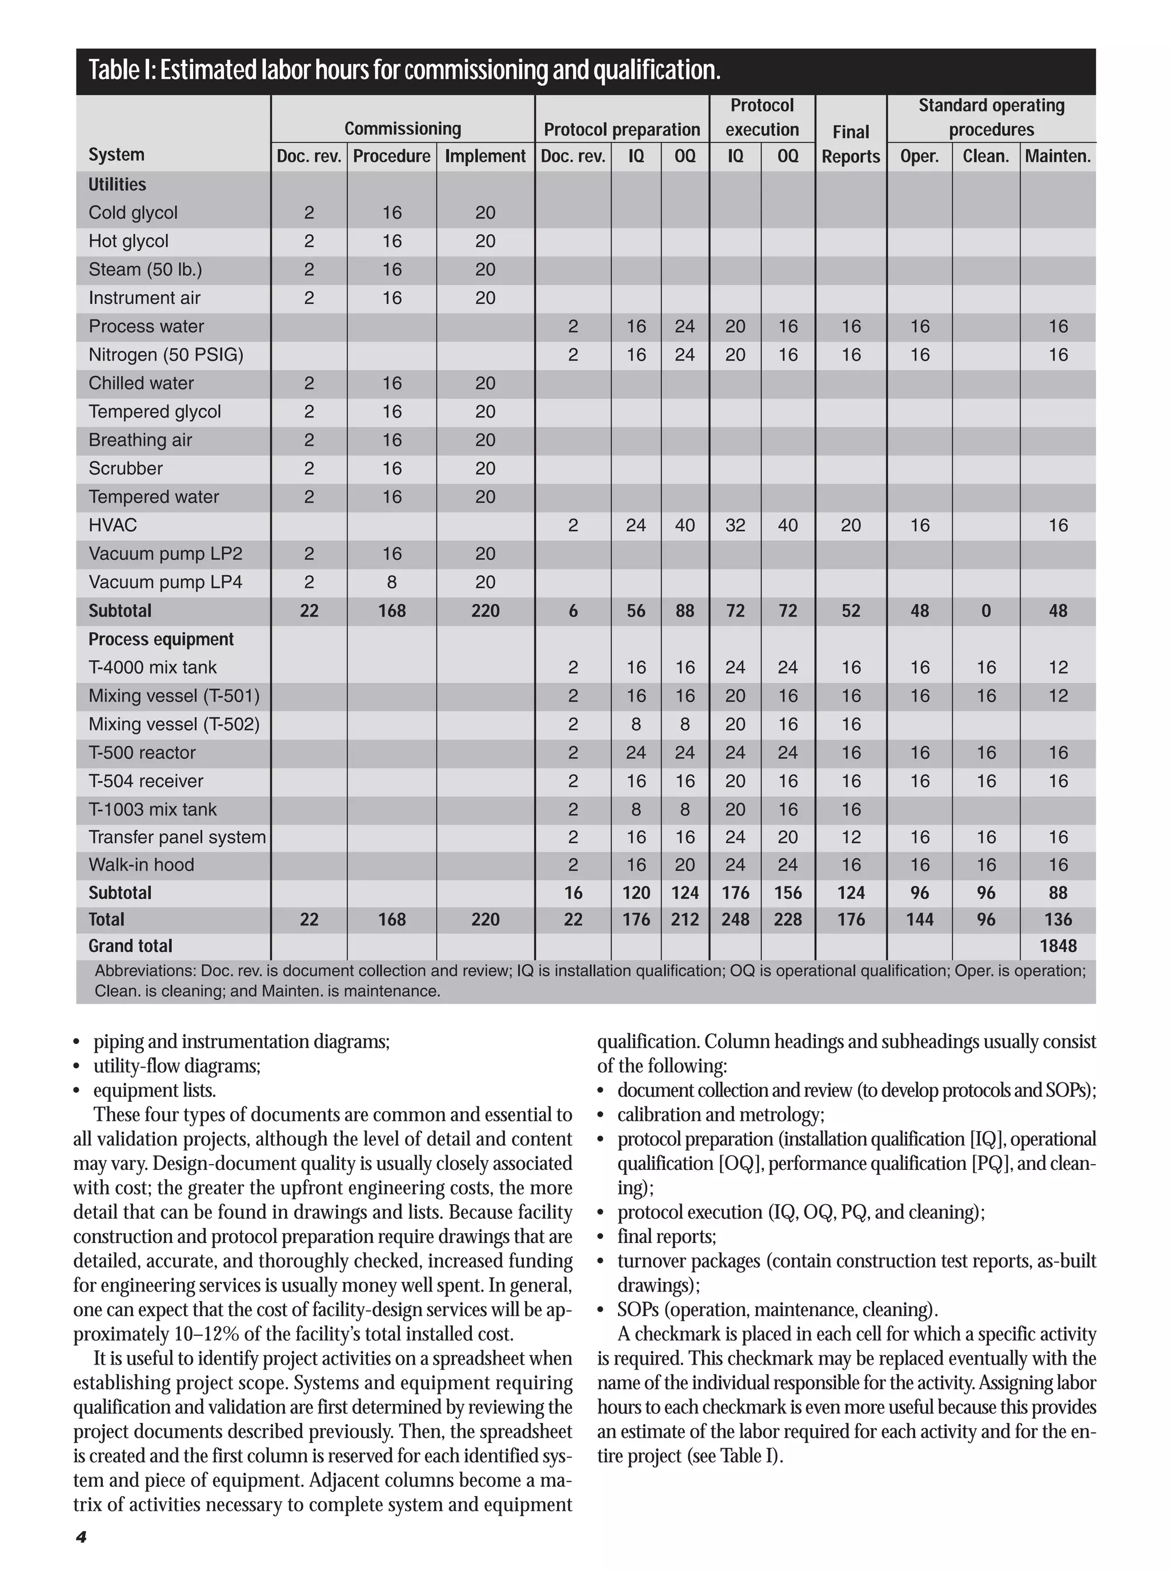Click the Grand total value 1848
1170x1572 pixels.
[1057, 946]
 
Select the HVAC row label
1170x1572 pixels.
[113, 526]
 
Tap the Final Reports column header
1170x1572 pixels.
[851, 144]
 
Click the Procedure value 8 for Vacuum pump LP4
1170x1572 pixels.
[392, 582]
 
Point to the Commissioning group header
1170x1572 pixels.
[402, 129]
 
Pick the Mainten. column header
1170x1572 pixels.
[1057, 157]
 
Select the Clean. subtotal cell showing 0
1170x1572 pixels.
[986, 611]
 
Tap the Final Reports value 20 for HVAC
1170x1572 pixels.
[851, 526]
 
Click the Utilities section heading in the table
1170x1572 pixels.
[117, 185]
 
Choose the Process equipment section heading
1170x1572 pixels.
[161, 639]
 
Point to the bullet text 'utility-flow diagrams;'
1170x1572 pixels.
[177, 1066]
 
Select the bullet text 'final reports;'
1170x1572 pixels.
[667, 1236]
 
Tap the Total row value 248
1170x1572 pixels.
[735, 920]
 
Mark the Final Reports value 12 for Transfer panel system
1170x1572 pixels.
[851, 837]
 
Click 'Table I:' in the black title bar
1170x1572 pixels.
[121, 70]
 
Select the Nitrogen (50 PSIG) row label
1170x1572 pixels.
[166, 355]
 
